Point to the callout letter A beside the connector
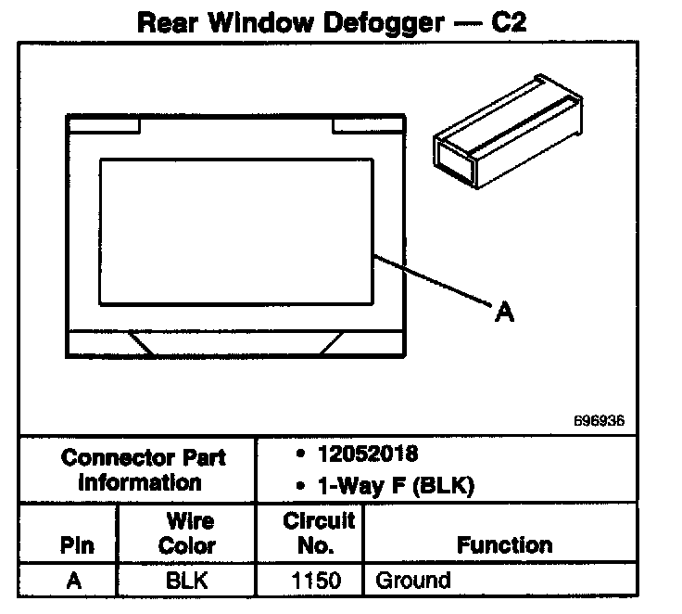[x=504, y=313]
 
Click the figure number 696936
[x=599, y=420]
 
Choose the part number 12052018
[x=365, y=454]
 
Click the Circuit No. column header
[x=309, y=533]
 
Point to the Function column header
[x=504, y=545]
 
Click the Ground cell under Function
[x=412, y=581]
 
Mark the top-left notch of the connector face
[x=103, y=123]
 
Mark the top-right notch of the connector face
[x=368, y=123]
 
